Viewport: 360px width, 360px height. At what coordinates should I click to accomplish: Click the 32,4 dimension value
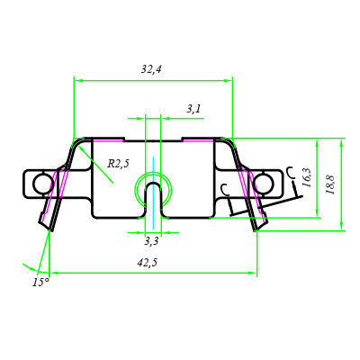[151, 69]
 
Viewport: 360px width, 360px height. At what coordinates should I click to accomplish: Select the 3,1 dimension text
[193, 109]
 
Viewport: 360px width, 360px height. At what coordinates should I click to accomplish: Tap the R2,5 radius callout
[118, 164]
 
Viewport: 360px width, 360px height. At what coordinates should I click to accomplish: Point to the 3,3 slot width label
[151, 241]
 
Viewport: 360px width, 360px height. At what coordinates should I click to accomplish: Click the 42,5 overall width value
[148, 263]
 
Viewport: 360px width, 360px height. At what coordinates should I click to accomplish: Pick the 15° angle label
[40, 283]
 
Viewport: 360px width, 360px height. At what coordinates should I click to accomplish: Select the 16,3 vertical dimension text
[307, 177]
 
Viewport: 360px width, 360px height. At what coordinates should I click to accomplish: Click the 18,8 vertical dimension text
[330, 184]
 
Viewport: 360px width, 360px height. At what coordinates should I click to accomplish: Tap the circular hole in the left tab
[42, 184]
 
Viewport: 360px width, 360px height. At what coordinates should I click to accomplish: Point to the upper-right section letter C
[291, 172]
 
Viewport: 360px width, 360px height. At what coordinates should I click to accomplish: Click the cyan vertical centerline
[153, 190]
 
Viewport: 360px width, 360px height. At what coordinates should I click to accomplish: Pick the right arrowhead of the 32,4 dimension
[229, 80]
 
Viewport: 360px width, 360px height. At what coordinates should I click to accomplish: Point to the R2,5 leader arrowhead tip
[79, 147]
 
